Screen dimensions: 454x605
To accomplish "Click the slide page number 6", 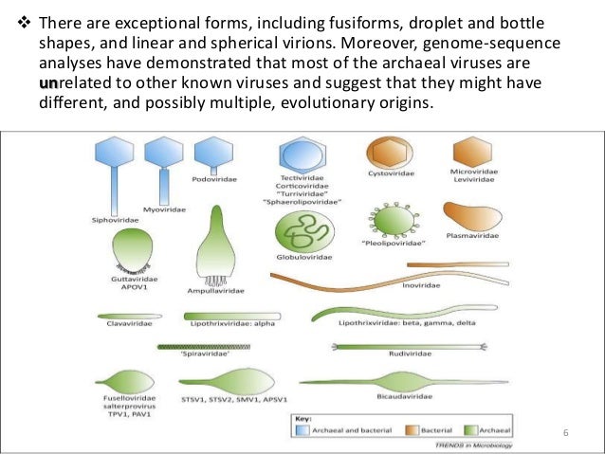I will coord(565,433).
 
